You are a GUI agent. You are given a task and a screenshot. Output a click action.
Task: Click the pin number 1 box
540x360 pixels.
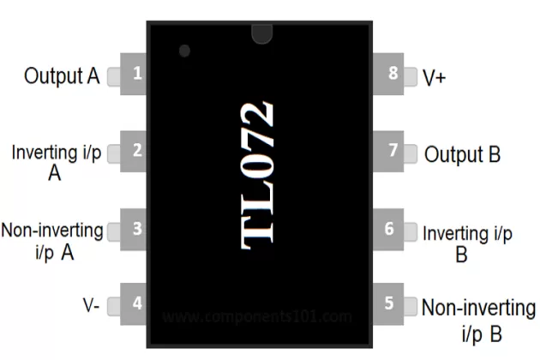136,75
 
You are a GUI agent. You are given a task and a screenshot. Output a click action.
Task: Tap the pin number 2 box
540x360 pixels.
136,152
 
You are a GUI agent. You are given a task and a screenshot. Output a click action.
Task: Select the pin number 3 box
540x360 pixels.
136,228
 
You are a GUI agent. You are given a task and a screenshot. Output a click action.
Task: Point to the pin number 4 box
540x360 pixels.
136,303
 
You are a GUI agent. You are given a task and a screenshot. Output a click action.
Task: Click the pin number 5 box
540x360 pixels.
390,303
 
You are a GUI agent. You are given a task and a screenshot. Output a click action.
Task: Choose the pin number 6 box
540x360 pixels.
390,228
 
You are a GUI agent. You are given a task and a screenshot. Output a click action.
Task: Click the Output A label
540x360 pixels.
62,76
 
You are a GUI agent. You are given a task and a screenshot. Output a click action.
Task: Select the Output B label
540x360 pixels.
463,155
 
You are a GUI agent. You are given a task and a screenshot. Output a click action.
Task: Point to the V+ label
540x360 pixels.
435,76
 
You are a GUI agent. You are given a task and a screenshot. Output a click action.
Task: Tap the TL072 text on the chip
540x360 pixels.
259,176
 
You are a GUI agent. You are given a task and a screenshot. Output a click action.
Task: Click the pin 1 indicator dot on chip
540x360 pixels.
183,51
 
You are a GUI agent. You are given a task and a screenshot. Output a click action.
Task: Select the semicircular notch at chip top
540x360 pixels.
261,33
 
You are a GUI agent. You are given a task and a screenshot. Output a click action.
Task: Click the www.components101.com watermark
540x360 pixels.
257,316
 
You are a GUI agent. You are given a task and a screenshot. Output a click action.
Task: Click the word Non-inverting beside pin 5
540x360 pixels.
478,308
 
